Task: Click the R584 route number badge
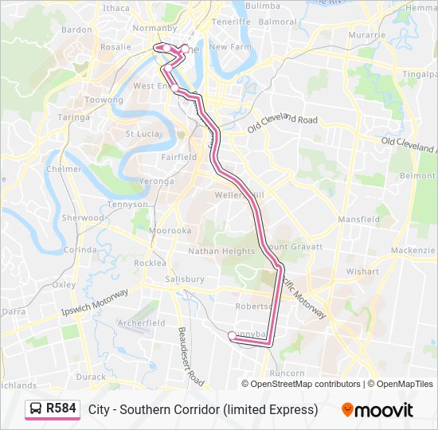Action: pyautogui.click(x=61, y=408)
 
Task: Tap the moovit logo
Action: pyautogui.click(x=377, y=409)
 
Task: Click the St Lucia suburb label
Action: pyautogui.click(x=143, y=134)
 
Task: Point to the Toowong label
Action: pyautogui.click(x=104, y=100)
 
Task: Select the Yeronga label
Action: pyautogui.click(x=156, y=181)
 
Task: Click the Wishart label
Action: pyautogui.click(x=362, y=272)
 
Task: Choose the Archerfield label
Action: pyautogui.click(x=141, y=323)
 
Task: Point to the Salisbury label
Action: pyautogui.click(x=185, y=279)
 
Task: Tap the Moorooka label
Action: pyautogui.click(x=170, y=230)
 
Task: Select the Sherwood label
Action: pyautogui.click(x=83, y=217)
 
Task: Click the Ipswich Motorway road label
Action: pyautogui.click(x=95, y=303)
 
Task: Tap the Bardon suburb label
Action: pyautogui.click(x=77, y=29)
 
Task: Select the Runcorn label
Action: pyautogui.click(x=287, y=373)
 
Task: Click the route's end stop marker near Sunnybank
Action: pyautogui.click(x=232, y=336)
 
